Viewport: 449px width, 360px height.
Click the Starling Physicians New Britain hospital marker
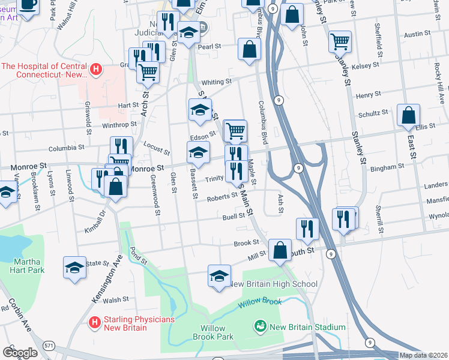pyautogui.click(x=94, y=323)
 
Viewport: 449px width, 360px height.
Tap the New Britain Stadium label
pyautogui.click(x=307, y=327)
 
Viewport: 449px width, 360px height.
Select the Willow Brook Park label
pyautogui.click(x=212, y=332)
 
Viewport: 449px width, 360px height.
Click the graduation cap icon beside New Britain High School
pyautogui.click(x=219, y=277)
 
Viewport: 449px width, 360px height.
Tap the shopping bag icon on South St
pyautogui.click(x=280, y=250)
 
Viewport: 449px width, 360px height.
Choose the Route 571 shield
pyautogui.click(x=48, y=346)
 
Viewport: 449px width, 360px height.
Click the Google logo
pyautogui.click(x=20, y=352)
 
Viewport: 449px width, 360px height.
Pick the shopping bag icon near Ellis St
pyautogui.click(x=408, y=116)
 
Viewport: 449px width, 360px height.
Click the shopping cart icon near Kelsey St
pyautogui.click(x=340, y=41)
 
